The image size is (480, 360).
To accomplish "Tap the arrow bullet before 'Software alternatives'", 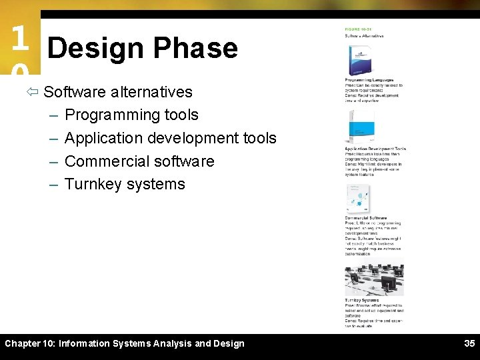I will click(35, 92).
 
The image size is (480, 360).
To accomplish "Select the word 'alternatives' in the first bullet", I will click(151, 92).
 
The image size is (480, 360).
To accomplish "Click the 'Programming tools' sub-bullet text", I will click(131, 115).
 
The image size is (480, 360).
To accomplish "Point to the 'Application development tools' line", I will click(170, 138).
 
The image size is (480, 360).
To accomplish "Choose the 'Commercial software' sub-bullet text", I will click(139, 161).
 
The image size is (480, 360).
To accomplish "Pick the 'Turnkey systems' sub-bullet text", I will click(125, 184).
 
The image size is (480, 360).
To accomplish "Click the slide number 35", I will click(469, 344).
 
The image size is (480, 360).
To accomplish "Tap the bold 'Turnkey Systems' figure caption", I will click(362, 301).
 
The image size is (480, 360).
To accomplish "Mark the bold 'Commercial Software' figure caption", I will click(366, 218).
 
